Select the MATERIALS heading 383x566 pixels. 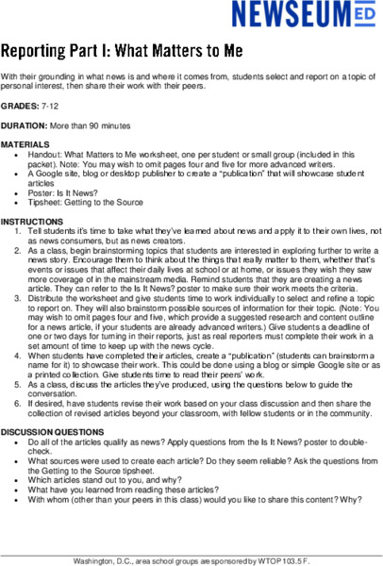pyautogui.click(x=25, y=144)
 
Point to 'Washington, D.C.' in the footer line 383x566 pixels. pyautogui.click(x=103, y=559)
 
